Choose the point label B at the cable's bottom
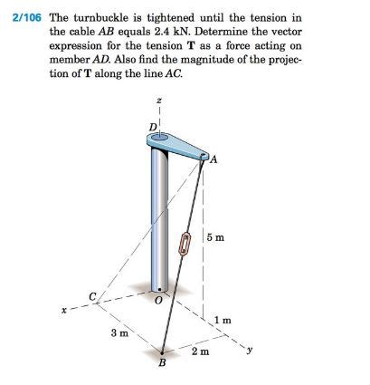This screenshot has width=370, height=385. (x=163, y=364)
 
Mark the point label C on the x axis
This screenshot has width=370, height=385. (x=91, y=294)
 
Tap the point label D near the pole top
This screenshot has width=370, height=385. (x=152, y=124)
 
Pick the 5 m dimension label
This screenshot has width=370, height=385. (x=216, y=237)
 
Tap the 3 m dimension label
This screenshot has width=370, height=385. (x=118, y=333)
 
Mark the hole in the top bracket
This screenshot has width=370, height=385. (x=161, y=139)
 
